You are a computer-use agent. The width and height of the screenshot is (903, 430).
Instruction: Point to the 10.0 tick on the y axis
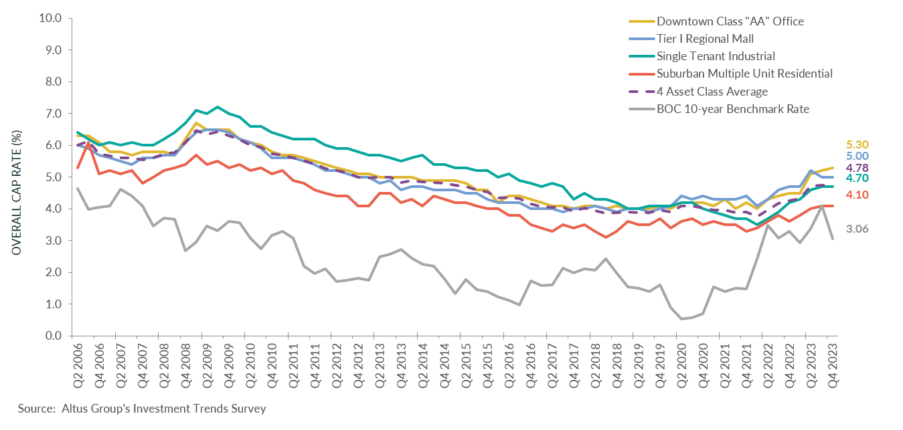pyautogui.click(x=51, y=18)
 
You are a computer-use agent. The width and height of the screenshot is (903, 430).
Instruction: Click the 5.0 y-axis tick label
pyautogui.click(x=54, y=177)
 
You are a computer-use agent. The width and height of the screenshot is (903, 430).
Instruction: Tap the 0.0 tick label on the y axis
pyautogui.click(x=54, y=336)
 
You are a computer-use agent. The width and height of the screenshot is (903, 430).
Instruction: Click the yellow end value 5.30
pyautogui.click(x=858, y=144)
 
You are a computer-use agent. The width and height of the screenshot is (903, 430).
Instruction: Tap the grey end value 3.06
pyautogui.click(x=858, y=229)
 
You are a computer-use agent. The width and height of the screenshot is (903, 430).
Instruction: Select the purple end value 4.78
pyautogui.click(x=858, y=167)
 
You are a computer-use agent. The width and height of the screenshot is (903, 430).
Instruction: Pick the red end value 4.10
pyautogui.click(x=858, y=195)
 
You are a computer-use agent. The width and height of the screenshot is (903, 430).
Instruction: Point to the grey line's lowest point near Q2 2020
pyautogui.click(x=681, y=318)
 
